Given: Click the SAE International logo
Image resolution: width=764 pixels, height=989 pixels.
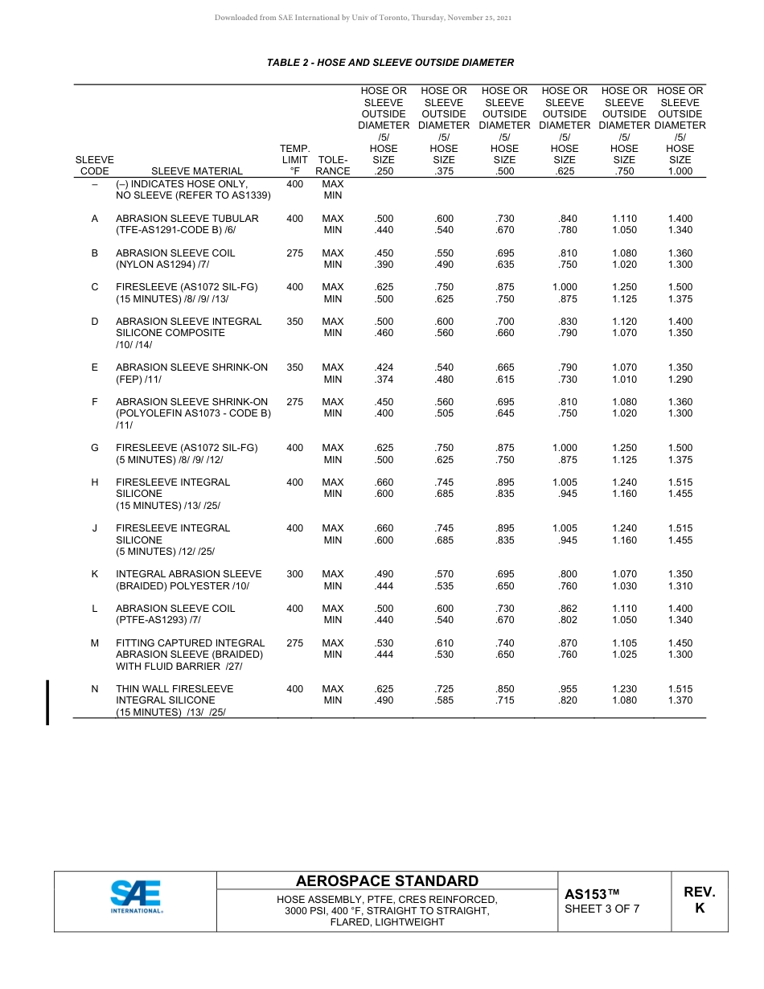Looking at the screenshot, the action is pyautogui.click(x=136, y=897).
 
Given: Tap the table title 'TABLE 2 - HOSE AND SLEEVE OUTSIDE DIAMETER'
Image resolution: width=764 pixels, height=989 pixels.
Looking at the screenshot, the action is pyautogui.click(x=390, y=63).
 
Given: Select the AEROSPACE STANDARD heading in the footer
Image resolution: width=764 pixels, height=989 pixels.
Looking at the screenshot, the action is pyautogui.click(x=387, y=881).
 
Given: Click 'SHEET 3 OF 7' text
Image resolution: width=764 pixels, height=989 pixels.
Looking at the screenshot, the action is pyautogui.click(x=602, y=910).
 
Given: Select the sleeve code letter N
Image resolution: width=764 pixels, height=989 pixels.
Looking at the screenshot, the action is pyautogui.click(x=95, y=689).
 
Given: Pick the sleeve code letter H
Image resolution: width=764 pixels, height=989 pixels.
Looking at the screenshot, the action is pyautogui.click(x=95, y=482).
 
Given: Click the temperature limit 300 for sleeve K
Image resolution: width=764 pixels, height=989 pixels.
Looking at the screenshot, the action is pyautogui.click(x=294, y=574).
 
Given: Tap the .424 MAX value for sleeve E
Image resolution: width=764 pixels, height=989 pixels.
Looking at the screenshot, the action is pyautogui.click(x=384, y=367).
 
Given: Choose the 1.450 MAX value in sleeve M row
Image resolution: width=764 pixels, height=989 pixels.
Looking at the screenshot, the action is pyautogui.click(x=680, y=643).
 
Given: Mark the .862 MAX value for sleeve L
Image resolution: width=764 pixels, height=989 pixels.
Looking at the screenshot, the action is pyautogui.click(x=565, y=609).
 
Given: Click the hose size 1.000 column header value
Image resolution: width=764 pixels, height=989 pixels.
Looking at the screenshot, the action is pyautogui.click(x=680, y=171).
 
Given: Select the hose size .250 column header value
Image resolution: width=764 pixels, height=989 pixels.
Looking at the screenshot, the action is pyautogui.click(x=384, y=171).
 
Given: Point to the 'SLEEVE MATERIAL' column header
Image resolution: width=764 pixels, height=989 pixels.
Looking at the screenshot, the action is pyautogui.click(x=197, y=171).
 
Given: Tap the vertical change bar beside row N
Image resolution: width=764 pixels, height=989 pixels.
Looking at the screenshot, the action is pyautogui.click(x=47, y=702).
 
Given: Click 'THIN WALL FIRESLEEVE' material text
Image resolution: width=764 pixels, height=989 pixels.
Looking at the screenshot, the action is pyautogui.click(x=175, y=689).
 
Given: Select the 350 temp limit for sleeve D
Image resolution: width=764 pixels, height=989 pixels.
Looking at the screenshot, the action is pyautogui.click(x=294, y=322).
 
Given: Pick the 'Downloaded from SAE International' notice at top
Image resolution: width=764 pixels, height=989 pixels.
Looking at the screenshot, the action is pyautogui.click(x=364, y=18).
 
